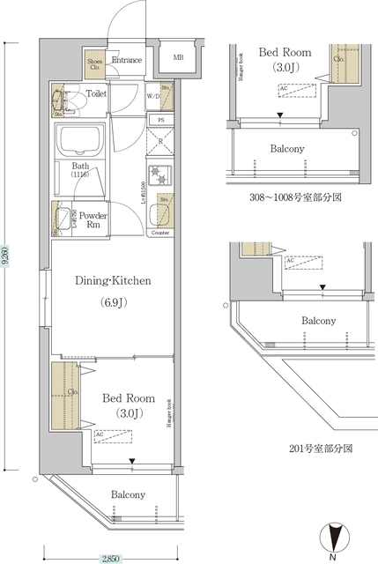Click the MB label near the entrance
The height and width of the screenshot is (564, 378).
pos(178,58)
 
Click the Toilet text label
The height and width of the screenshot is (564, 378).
pos(96,93)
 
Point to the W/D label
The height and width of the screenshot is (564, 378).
pos(152,97)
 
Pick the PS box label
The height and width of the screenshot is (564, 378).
pos(159,120)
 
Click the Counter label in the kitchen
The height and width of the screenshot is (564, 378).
pos(159,233)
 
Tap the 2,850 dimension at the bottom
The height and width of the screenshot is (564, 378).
pos(110,557)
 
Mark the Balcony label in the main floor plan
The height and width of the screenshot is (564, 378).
pos(128,494)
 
